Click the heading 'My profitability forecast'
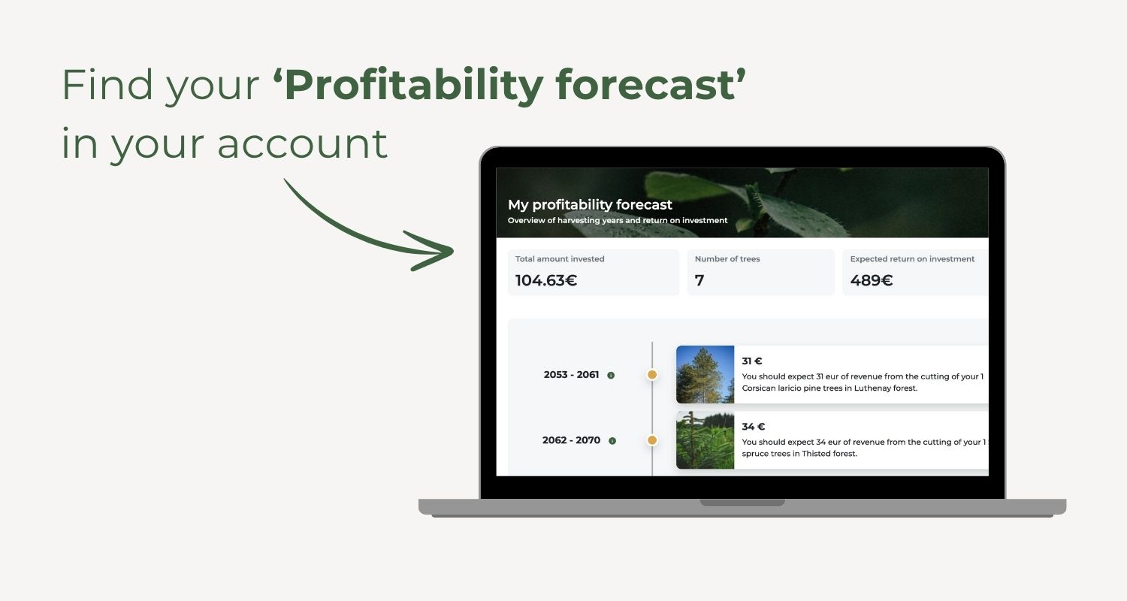pos(590,204)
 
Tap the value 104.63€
pos(546,281)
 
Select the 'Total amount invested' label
pos(560,259)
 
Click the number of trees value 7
pos(699,281)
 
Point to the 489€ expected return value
pos(872,281)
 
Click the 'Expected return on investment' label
pos(912,259)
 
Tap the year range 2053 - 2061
pos(571,375)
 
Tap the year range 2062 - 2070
pos(571,440)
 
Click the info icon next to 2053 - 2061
pos(611,376)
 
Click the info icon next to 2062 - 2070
pos(612,441)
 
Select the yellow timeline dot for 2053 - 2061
pos(652,375)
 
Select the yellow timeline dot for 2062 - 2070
pos(652,440)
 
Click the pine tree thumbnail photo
pos(705,375)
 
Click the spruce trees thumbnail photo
pos(705,440)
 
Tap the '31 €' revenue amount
pos(752,361)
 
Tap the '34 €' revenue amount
pos(753,427)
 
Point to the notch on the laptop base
pos(742,503)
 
